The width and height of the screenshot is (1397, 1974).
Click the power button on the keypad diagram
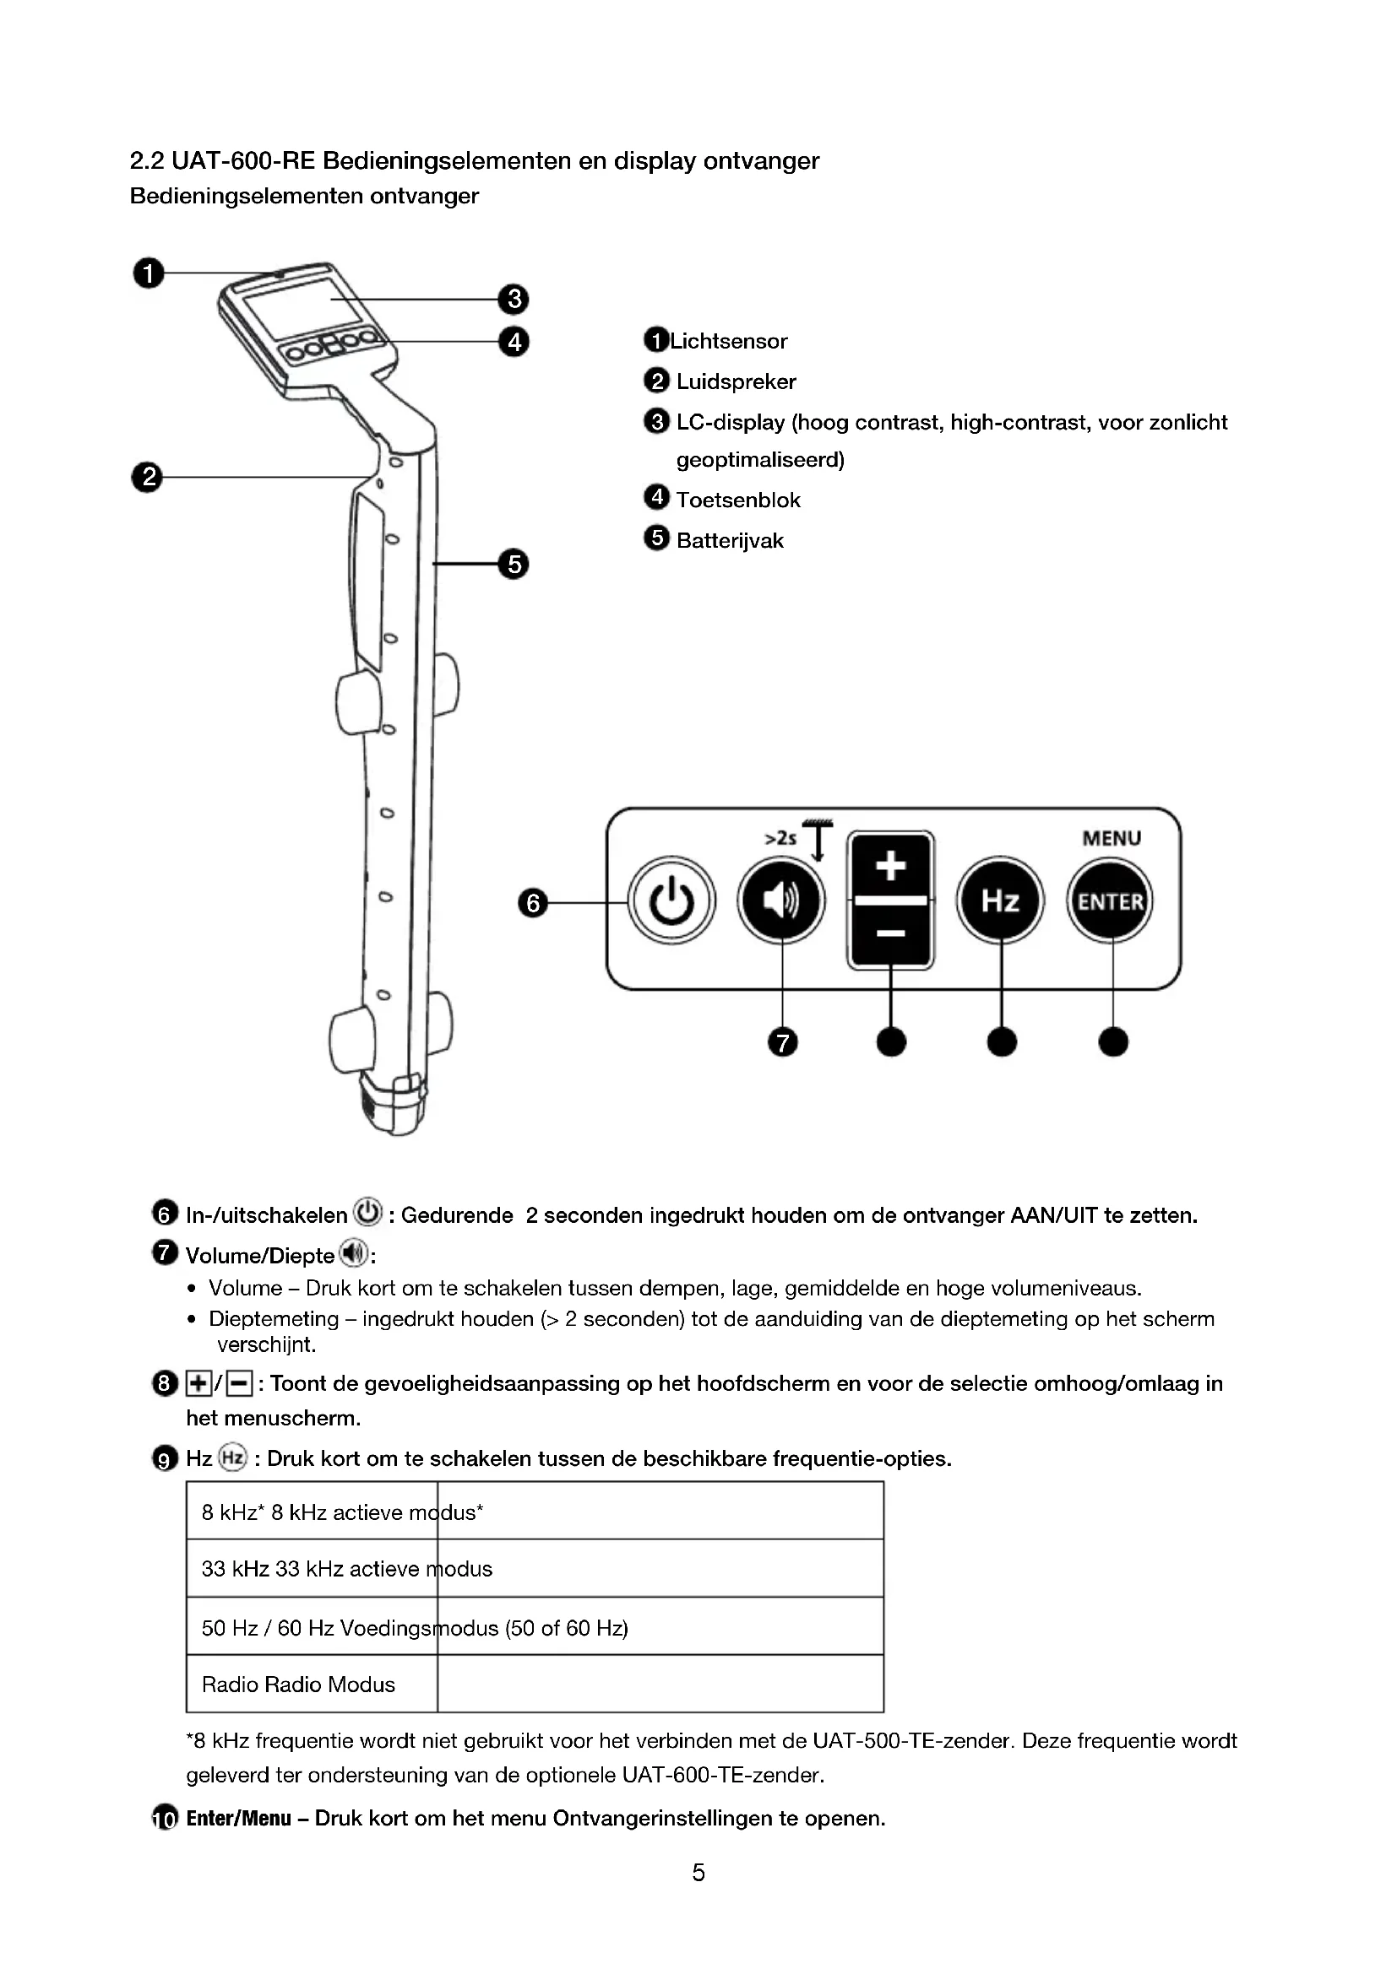671,901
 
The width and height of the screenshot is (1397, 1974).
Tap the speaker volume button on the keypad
781,901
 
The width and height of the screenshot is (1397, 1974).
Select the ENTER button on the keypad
1111,901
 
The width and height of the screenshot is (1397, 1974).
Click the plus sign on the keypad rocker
890,865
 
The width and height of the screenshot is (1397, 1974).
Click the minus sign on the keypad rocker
890,933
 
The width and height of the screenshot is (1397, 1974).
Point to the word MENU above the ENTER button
1112,838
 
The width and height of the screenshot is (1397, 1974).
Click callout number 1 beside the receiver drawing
148,273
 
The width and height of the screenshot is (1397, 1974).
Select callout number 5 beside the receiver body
514,564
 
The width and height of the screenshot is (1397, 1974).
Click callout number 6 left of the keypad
532,903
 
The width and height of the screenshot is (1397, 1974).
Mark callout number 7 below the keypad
782,1043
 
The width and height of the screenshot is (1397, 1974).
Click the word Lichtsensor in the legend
728,341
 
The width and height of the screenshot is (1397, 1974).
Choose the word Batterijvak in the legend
730,541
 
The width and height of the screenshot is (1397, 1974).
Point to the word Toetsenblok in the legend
738,500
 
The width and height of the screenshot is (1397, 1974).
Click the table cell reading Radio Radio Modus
298,1685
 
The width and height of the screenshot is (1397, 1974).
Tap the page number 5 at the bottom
698,1872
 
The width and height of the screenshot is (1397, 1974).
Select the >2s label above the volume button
780,837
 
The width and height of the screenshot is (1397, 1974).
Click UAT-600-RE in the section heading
243,161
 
